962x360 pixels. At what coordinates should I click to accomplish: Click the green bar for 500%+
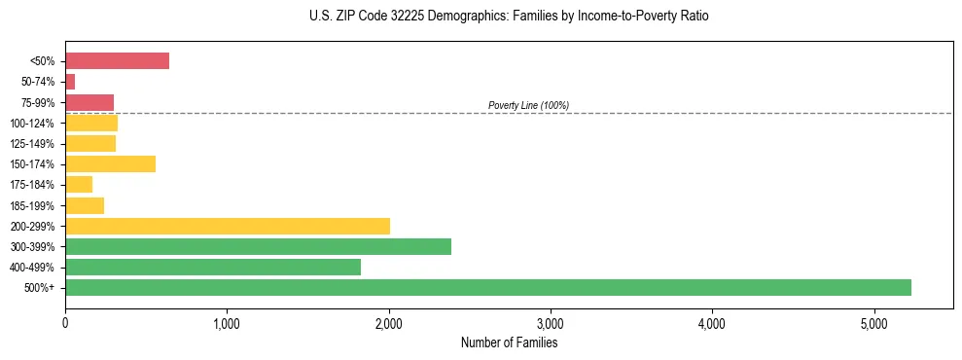[x=487, y=287]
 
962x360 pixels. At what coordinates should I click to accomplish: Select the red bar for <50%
[x=117, y=61]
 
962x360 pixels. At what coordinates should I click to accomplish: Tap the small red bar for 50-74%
[x=70, y=82]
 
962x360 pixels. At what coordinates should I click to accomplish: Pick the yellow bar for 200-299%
[x=227, y=226]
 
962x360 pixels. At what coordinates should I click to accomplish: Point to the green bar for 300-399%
[x=258, y=246]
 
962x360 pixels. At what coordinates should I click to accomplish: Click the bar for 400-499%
[x=213, y=267]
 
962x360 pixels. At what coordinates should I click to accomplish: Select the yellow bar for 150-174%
[x=110, y=163]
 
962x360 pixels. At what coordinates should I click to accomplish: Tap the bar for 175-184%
[x=79, y=184]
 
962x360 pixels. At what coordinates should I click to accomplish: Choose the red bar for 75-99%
[x=89, y=102]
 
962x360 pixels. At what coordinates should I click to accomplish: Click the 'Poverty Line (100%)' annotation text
[x=528, y=105]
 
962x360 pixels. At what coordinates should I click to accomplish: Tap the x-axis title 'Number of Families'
[x=509, y=342]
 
